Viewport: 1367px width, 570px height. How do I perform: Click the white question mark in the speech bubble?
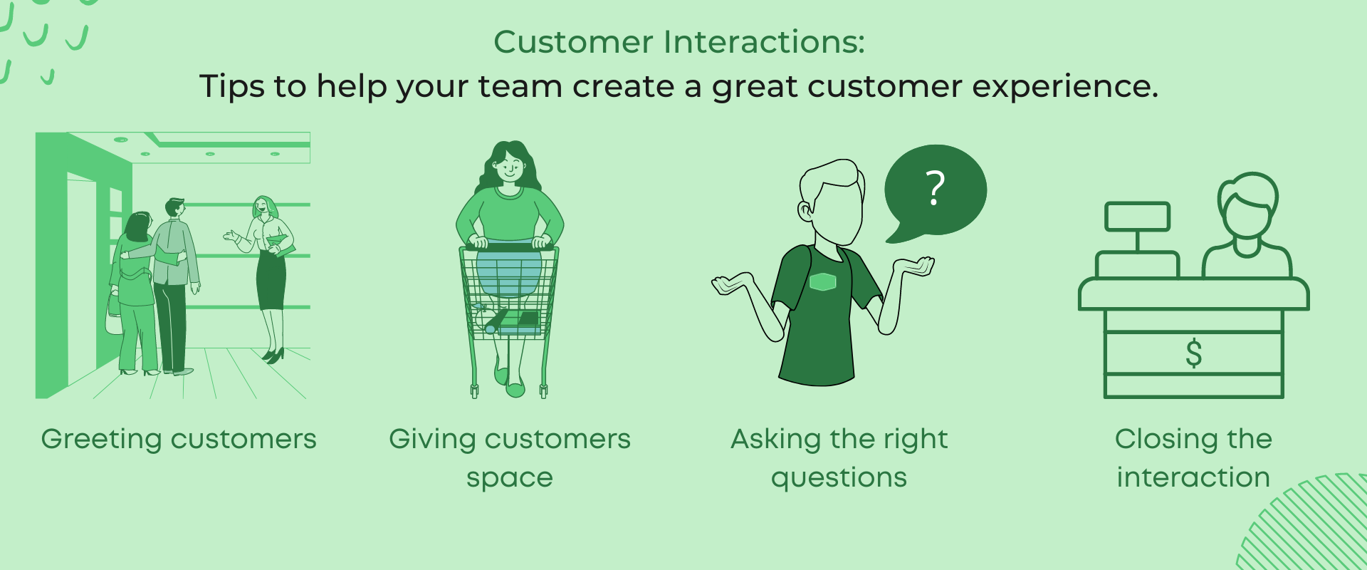pos(936,188)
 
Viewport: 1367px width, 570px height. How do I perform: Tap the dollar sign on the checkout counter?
pos(1194,353)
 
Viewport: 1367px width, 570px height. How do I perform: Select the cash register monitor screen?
pos(1137,217)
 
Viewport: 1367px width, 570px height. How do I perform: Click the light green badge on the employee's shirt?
pos(822,282)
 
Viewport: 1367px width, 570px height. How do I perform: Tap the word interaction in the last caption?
pos(1193,477)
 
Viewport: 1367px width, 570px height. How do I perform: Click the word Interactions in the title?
pos(765,42)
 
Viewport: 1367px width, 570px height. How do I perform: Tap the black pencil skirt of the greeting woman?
pos(271,280)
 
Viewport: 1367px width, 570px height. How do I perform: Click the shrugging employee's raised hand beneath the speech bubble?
pos(914,267)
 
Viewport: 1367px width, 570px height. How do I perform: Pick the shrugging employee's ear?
pos(805,210)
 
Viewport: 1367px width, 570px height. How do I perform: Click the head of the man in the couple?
pos(174,207)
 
